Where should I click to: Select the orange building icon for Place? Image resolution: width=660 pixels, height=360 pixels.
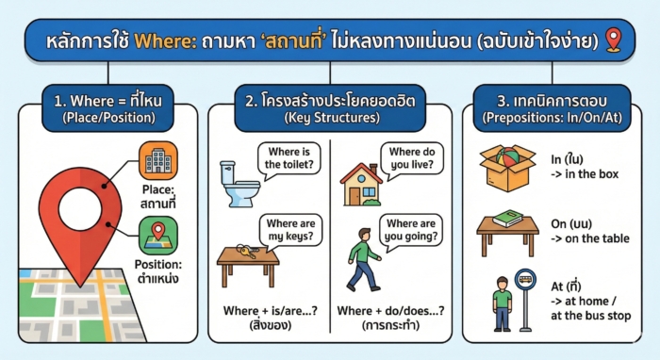[x=157, y=162]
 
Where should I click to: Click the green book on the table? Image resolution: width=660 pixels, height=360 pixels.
[x=507, y=218]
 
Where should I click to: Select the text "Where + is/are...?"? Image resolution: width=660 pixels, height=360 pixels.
[x=270, y=311]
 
